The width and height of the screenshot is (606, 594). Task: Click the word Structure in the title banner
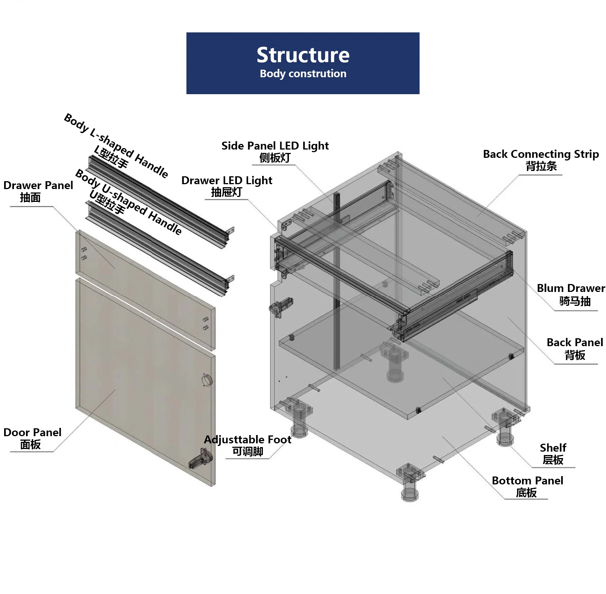click(303, 55)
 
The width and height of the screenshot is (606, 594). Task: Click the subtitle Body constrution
click(303, 74)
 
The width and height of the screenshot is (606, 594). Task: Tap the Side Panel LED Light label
click(275, 146)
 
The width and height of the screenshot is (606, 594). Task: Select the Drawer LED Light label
click(227, 180)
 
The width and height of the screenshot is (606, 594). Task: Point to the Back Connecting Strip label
click(541, 154)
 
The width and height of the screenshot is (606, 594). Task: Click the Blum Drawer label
click(571, 288)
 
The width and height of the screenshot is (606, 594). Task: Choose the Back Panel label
click(575, 342)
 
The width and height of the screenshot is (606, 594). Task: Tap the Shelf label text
click(553, 448)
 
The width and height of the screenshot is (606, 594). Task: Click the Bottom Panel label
click(527, 481)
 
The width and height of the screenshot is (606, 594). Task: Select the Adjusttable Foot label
click(247, 440)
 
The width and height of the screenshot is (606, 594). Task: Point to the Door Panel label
click(32, 432)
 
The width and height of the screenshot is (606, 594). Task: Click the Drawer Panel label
click(38, 185)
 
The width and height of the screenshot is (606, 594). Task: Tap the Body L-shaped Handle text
click(116, 145)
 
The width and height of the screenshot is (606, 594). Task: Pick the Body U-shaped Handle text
click(128, 202)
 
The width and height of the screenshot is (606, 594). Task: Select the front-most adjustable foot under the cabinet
click(410, 483)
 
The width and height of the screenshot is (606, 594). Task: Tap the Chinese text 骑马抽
click(575, 301)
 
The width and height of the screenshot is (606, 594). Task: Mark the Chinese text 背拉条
click(541, 166)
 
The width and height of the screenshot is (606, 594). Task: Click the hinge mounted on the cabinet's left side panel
click(281, 307)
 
